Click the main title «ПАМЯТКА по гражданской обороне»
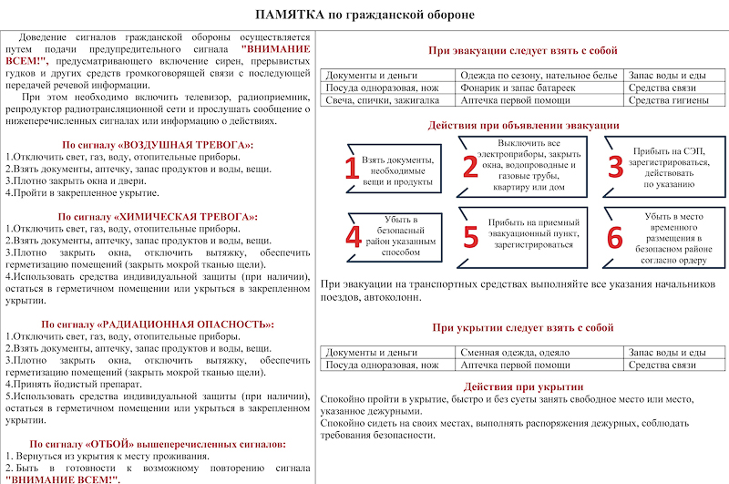[364, 15]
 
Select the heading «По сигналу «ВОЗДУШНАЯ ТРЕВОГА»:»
[158, 145]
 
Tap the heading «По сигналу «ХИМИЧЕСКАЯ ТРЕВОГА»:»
[158, 217]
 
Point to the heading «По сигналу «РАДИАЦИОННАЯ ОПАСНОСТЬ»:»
[158, 324]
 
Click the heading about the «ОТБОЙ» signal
[158, 444]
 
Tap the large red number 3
[615, 165]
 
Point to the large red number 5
[470, 235]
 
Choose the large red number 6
[615, 236]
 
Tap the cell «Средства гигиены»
[667, 101]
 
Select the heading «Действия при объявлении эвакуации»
[523, 125]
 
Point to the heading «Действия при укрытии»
[523, 386]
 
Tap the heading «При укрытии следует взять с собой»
[523, 326]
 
